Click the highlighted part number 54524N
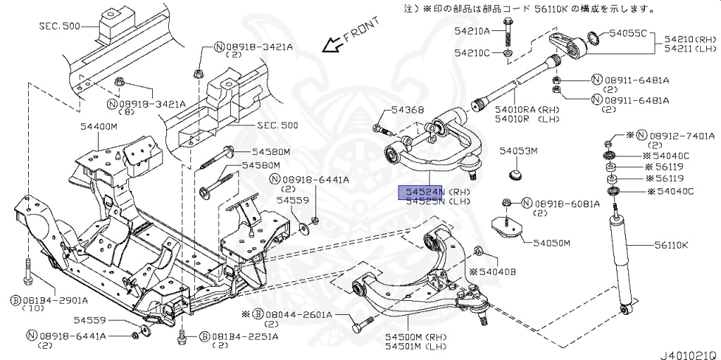pos(421,192)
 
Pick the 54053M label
pos(518,151)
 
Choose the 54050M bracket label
pos(551,244)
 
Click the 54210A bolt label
pos(472,31)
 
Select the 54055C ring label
pos(627,33)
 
